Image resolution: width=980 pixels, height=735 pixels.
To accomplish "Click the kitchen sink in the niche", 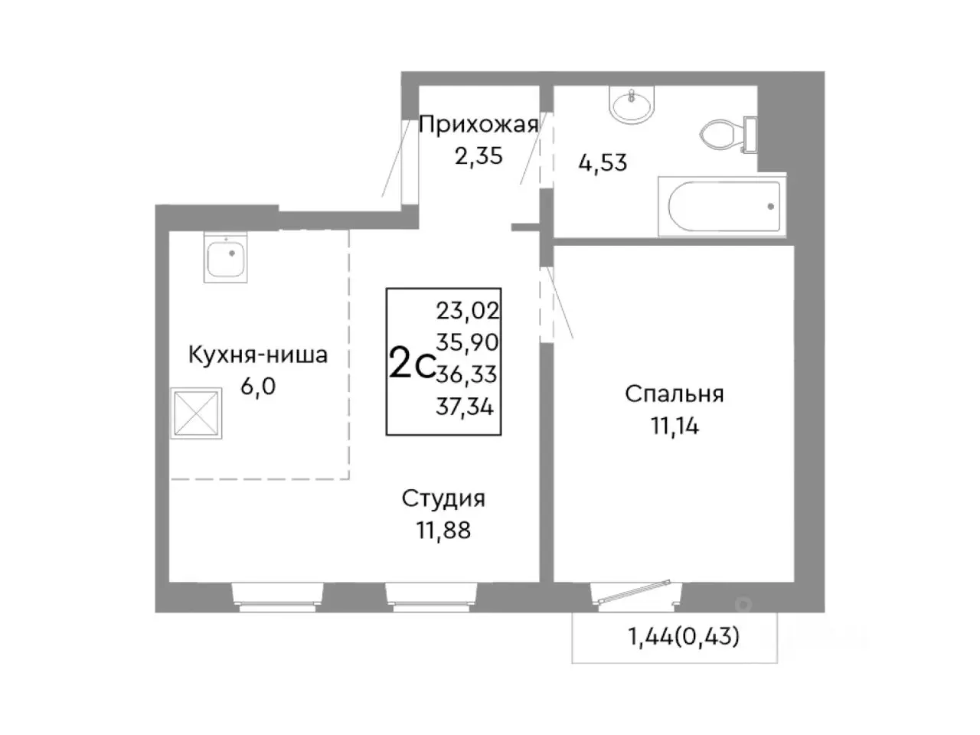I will pyautogui.click(x=226, y=257).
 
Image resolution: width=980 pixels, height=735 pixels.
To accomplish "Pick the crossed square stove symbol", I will pyautogui.click(x=197, y=413).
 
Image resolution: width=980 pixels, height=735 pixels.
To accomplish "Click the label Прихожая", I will pyautogui.click(x=479, y=124).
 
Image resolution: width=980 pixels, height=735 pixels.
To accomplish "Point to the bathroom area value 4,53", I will pyautogui.click(x=603, y=163).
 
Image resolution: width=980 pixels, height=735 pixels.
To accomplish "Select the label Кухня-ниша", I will pyautogui.click(x=258, y=355).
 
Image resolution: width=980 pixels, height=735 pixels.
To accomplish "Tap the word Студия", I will pyautogui.click(x=443, y=498).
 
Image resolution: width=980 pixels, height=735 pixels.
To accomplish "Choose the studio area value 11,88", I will pyautogui.click(x=443, y=530).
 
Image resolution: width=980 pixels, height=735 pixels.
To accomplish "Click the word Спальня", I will pyautogui.click(x=674, y=394).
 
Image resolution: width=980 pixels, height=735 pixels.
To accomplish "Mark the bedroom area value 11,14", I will pyautogui.click(x=674, y=426).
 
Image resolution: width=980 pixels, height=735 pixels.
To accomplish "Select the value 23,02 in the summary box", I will pyautogui.click(x=467, y=310).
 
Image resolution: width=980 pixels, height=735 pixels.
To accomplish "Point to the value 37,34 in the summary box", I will pyautogui.click(x=465, y=407).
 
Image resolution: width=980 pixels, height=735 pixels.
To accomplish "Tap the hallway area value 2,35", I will pyautogui.click(x=479, y=156).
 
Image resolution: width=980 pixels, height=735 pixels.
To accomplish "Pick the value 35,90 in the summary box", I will pyautogui.click(x=467, y=342).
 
